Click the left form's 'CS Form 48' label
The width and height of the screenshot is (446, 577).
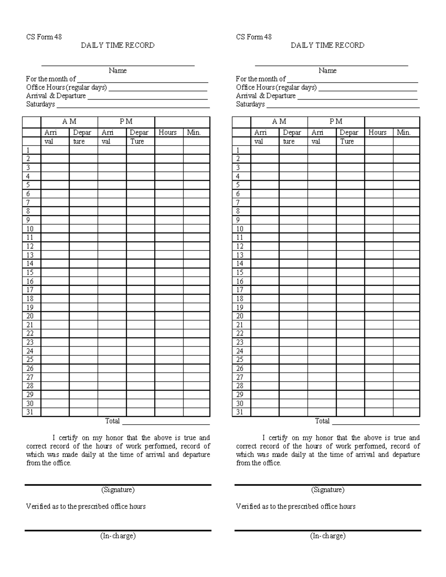[44, 37]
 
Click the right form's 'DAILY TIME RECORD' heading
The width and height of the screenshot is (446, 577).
[327, 45]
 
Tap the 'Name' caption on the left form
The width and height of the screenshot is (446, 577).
[117, 71]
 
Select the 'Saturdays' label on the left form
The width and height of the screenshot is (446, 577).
[41, 104]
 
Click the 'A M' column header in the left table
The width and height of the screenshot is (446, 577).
[69, 121]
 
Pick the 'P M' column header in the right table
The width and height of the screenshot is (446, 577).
[336, 121]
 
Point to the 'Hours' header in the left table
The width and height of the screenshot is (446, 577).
[167, 132]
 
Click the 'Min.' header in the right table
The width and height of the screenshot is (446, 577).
[404, 132]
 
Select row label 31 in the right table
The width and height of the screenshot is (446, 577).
[240, 412]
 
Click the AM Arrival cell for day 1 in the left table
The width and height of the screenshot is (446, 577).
[55, 150]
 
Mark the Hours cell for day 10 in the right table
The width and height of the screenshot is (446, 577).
[379, 229]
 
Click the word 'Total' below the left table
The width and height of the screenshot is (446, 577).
[112, 421]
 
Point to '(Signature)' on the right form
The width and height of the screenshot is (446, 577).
[327, 490]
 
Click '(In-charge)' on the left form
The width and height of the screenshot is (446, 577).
[117, 536]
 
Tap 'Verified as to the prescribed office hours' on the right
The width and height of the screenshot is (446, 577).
[295, 506]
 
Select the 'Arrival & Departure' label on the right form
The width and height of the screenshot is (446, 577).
[266, 96]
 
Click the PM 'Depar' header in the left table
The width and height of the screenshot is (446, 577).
[139, 132]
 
